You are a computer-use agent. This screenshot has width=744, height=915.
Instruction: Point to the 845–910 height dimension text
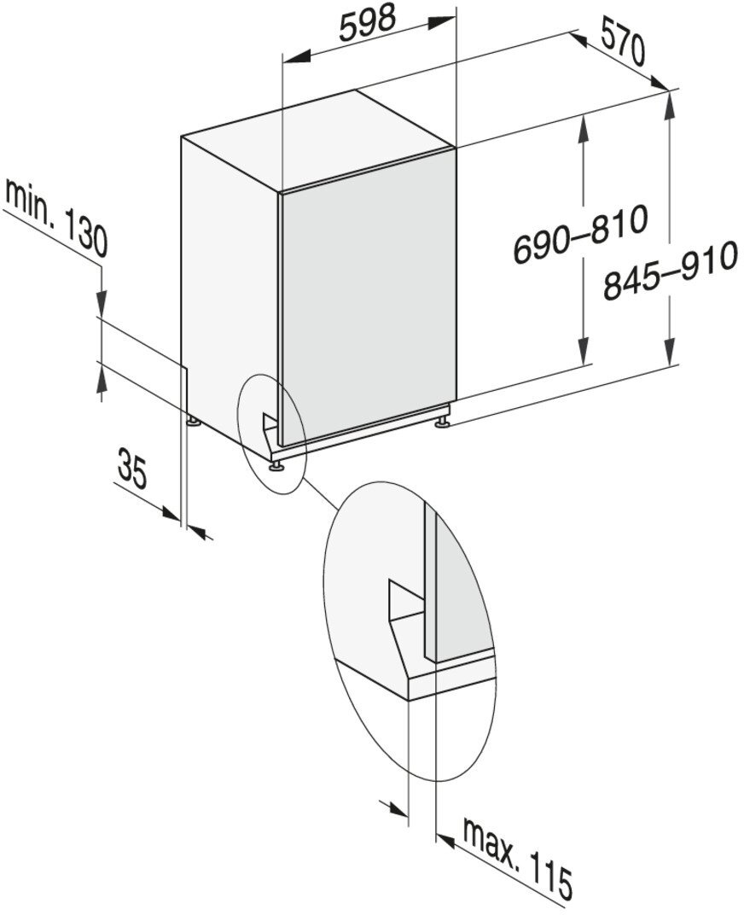pyautogui.click(x=667, y=272)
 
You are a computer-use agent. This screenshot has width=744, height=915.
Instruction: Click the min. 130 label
pyautogui.click(x=56, y=219)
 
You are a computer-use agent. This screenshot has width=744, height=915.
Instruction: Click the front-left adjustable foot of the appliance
pyautogui.click(x=276, y=465)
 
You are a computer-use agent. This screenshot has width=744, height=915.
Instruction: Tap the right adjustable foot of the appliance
pyautogui.click(x=443, y=422)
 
